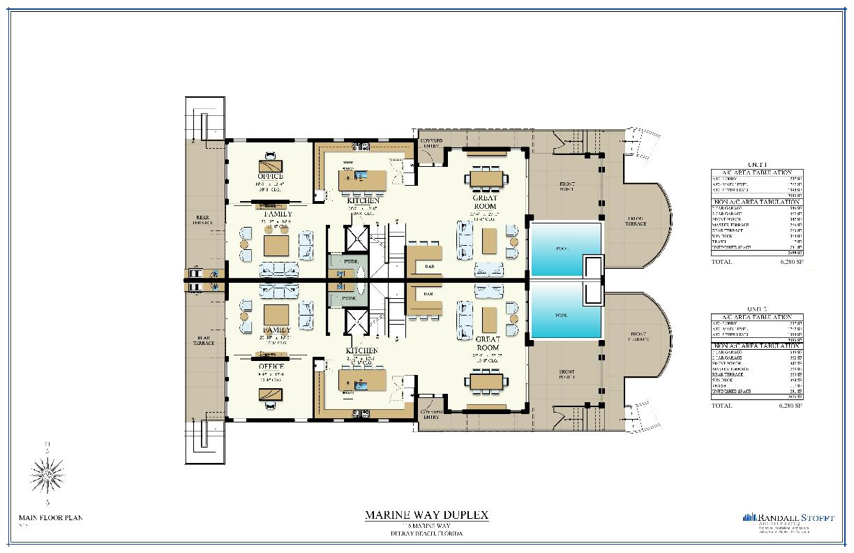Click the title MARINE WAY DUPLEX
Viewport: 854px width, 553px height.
pyautogui.click(x=426, y=515)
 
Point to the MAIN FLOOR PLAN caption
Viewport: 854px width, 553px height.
pyautogui.click(x=50, y=517)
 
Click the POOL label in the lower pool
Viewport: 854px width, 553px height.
pyautogui.click(x=562, y=315)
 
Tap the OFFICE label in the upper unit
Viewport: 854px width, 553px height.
pyautogui.click(x=271, y=177)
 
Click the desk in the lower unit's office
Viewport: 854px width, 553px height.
pyautogui.click(x=271, y=394)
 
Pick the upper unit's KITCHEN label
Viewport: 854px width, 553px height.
pyautogui.click(x=363, y=200)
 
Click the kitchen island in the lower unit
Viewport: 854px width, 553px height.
pyautogui.click(x=363, y=381)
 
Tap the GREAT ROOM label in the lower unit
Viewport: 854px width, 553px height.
pyautogui.click(x=487, y=343)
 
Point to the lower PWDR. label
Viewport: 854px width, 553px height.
pyautogui.click(x=347, y=298)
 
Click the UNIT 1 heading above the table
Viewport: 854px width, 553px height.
pyautogui.click(x=756, y=165)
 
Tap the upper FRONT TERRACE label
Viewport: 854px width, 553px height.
pyautogui.click(x=636, y=221)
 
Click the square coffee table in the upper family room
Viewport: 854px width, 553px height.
pyautogui.click(x=276, y=245)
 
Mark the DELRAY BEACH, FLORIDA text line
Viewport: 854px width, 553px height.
pyautogui.click(x=426, y=534)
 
